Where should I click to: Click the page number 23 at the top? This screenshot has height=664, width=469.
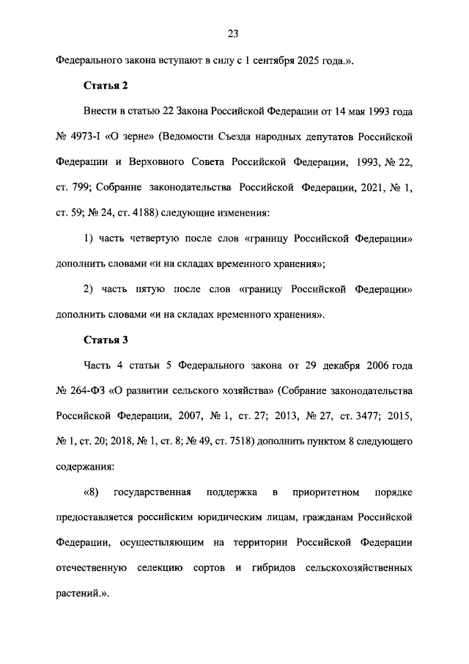[x=234, y=33]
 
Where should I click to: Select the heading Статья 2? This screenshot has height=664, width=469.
[x=105, y=87]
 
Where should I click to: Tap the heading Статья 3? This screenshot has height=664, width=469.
[x=105, y=340]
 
